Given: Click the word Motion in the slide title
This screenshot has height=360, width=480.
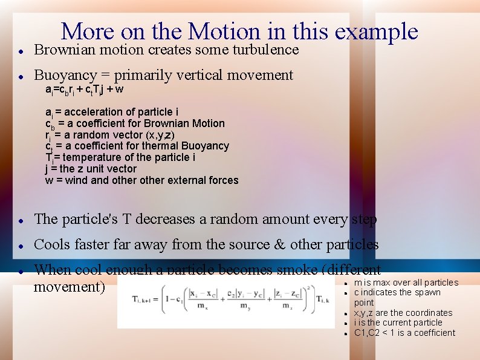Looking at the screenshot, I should coord(222,31).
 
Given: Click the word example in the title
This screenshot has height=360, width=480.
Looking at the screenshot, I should coord(375,31).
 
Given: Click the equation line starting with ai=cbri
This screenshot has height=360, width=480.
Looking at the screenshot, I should coord(85,90).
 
